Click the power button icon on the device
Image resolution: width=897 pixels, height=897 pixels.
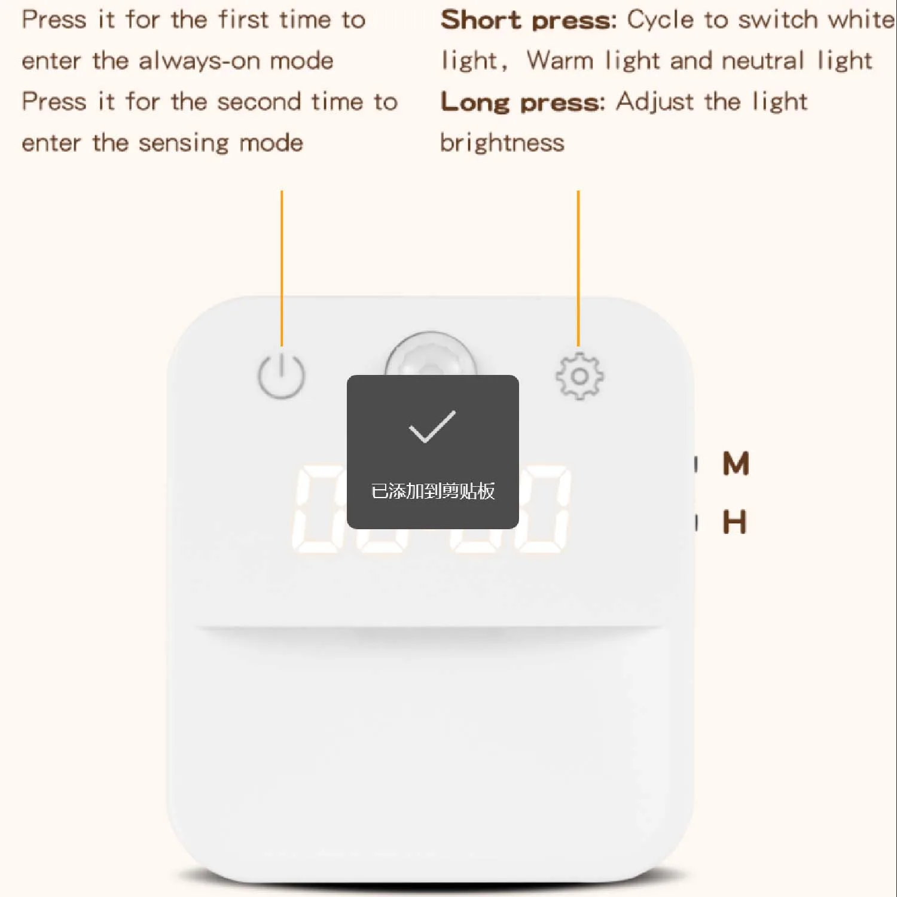281,376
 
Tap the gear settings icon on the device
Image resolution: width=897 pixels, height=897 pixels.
579,376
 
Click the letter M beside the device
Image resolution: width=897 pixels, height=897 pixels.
736,463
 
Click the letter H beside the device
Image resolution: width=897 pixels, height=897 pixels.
735,522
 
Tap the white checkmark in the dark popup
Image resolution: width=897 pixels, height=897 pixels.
432,426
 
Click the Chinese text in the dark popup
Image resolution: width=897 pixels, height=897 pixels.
433,491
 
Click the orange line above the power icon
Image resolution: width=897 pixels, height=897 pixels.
282,268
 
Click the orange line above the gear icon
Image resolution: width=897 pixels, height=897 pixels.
578,268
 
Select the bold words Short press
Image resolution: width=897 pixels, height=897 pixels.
529,20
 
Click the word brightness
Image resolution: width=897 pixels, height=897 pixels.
502,143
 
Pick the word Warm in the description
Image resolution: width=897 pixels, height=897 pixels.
560,60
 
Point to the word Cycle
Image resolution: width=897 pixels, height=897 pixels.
661,20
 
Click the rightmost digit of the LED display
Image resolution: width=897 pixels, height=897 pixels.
541,509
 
